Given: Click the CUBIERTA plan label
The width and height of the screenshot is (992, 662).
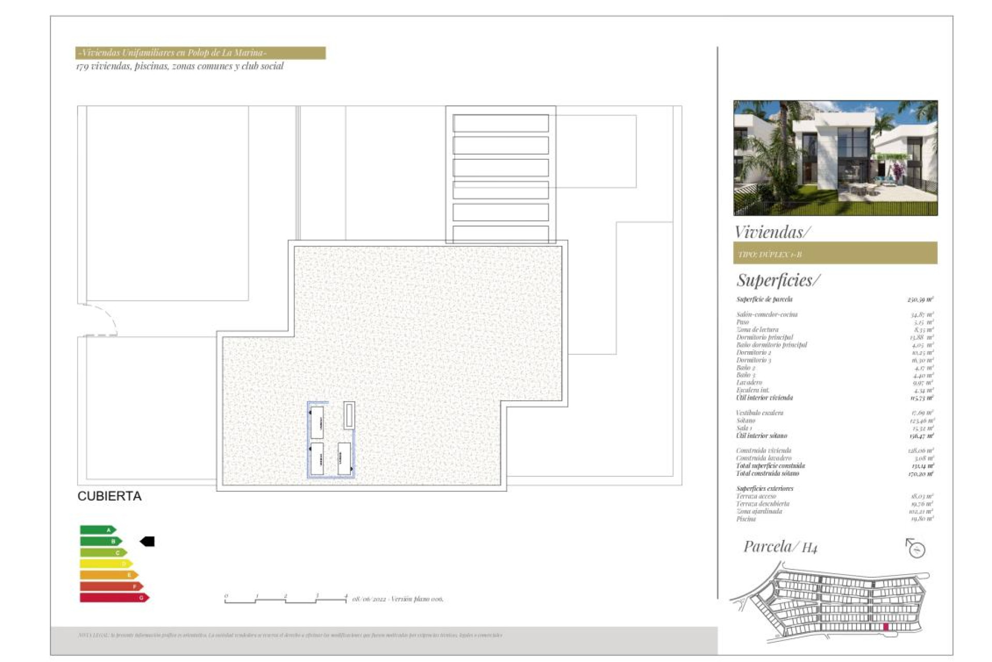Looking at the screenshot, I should pos(109,496).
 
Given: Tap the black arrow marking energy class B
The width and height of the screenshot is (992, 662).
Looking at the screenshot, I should pos(147,541).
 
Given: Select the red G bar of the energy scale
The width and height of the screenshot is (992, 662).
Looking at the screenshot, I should pos(114,598).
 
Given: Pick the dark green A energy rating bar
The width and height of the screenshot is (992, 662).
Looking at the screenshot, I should pos(98,530).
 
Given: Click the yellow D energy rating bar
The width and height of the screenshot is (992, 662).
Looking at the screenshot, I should pos(106,564).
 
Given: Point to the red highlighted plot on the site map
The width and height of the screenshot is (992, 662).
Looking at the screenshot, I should pos(886,627).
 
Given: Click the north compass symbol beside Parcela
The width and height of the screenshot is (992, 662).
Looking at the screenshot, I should pos(916,548).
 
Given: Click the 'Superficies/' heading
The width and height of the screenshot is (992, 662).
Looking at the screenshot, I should pos(778,280).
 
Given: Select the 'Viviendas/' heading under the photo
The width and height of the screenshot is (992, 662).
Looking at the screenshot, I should pos(772,232).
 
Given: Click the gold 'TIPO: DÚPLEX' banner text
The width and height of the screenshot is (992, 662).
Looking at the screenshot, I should pos(770,254).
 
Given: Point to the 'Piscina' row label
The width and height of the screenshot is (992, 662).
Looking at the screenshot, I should pos(746,519).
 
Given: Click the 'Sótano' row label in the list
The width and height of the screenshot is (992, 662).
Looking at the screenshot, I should pos(746,420).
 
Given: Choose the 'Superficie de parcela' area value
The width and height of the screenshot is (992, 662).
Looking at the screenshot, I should pos(920,299).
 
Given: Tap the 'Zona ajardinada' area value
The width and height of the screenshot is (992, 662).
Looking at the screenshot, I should pos(921,511).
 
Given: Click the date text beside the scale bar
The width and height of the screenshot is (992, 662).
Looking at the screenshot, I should pos(397,599).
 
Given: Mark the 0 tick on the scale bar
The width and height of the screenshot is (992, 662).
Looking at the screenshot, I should pos(226,596).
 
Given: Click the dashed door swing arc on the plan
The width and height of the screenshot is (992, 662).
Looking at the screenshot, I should pos(106,317).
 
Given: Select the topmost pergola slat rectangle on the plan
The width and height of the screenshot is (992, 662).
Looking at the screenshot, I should pos(501,123).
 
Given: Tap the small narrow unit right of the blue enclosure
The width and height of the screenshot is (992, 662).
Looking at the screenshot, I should pos(349,415).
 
